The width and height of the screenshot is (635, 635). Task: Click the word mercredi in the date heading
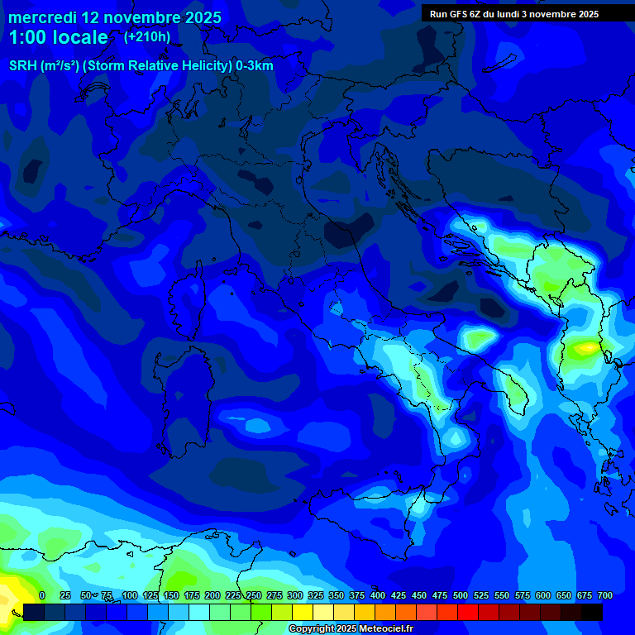tap(42, 17)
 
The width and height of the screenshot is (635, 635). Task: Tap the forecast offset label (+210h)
tap(146, 37)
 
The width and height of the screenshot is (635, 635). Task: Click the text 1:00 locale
tap(58, 37)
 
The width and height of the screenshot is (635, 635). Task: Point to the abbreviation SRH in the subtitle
tap(23, 66)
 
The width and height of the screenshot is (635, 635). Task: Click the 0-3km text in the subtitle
tap(254, 66)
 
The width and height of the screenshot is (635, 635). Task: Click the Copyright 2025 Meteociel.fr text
tap(351, 628)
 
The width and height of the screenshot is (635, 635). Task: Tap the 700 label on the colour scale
tap(604, 595)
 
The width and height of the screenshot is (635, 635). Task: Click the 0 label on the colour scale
tap(42, 595)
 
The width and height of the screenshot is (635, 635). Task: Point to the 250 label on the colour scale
tap(254, 595)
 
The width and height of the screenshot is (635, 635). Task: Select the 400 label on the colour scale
tap(378, 595)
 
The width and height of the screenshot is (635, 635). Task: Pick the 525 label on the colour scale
tap(481, 595)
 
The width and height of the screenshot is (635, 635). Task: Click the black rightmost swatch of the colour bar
tap(592, 612)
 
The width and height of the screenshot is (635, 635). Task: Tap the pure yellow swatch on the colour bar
tap(303, 612)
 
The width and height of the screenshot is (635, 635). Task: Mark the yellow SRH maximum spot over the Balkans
tap(588, 348)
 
